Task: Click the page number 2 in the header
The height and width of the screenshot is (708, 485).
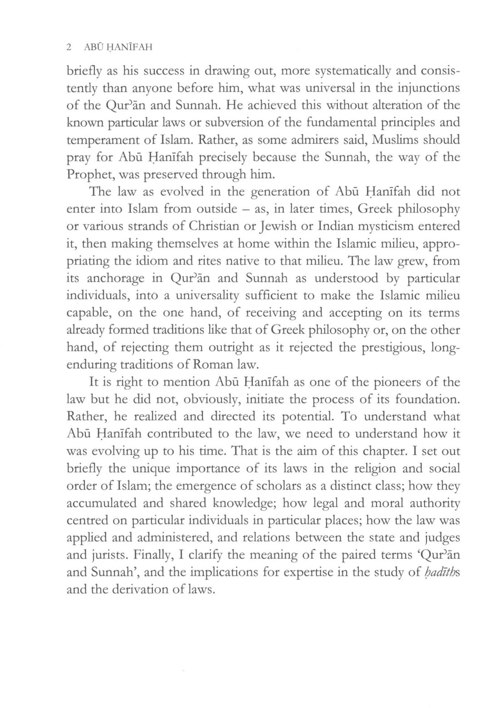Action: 69,47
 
